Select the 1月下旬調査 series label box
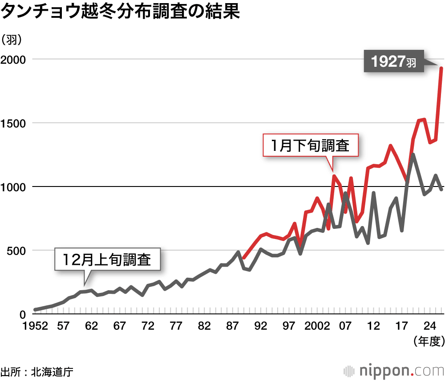[311, 146]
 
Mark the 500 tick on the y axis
[16, 251]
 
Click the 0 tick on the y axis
[23, 314]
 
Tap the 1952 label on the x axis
[35, 326]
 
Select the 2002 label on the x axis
[316, 326]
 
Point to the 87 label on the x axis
[232, 326]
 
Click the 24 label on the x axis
[429, 326]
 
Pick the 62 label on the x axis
[91, 326]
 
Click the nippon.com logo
[393, 370]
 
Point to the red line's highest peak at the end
[441, 68]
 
